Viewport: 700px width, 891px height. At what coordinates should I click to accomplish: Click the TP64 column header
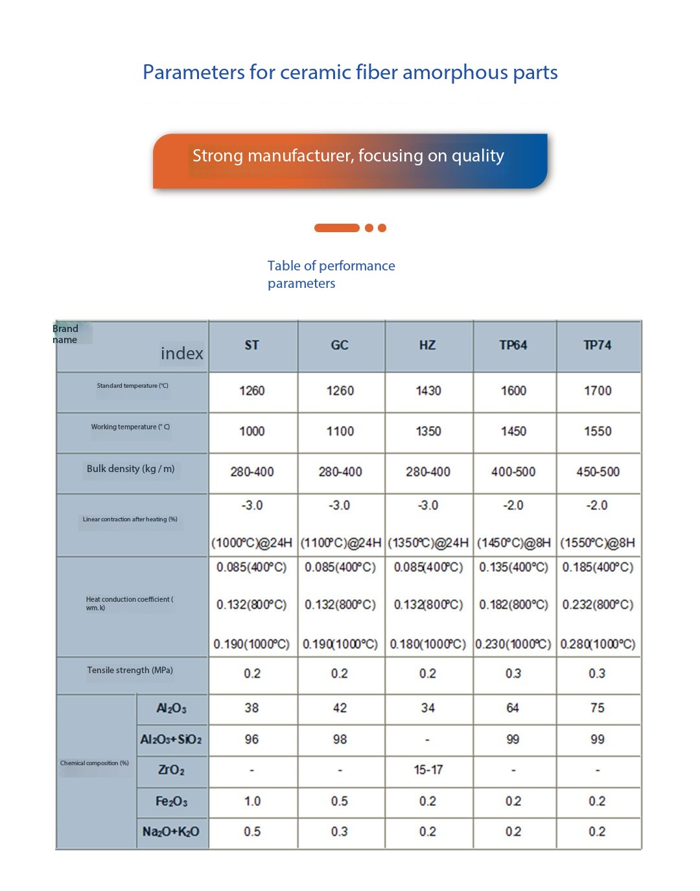coord(513,345)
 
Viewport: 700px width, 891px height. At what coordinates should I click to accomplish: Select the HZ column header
coord(427,345)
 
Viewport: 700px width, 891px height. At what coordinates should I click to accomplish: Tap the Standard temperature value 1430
coord(428,390)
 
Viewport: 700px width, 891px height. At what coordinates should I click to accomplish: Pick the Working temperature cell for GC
coord(340,431)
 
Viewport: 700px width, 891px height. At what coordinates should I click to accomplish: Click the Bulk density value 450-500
coord(598,471)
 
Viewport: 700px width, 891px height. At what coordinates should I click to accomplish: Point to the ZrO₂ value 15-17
coord(428,770)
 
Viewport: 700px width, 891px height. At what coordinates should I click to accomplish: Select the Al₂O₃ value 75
coord(598,707)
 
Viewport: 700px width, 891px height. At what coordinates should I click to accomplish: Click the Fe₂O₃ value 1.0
coord(252,801)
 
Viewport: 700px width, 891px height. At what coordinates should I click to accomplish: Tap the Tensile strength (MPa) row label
coord(130,671)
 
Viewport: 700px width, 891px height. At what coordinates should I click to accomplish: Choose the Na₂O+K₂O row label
coord(171,831)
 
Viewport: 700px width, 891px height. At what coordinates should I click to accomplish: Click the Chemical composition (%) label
coord(95,763)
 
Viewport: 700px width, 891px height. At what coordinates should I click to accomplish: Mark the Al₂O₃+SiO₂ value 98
coord(340,739)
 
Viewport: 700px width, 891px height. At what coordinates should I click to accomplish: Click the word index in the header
coord(182,353)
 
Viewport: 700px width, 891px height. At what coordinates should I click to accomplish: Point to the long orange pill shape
coord(336,228)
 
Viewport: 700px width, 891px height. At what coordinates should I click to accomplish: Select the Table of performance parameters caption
coord(331,274)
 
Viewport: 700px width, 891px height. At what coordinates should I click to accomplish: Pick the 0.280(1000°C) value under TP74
coord(598,644)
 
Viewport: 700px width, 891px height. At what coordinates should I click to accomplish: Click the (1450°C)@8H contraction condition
coord(514,543)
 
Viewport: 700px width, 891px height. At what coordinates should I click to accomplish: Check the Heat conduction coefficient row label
coord(129,603)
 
